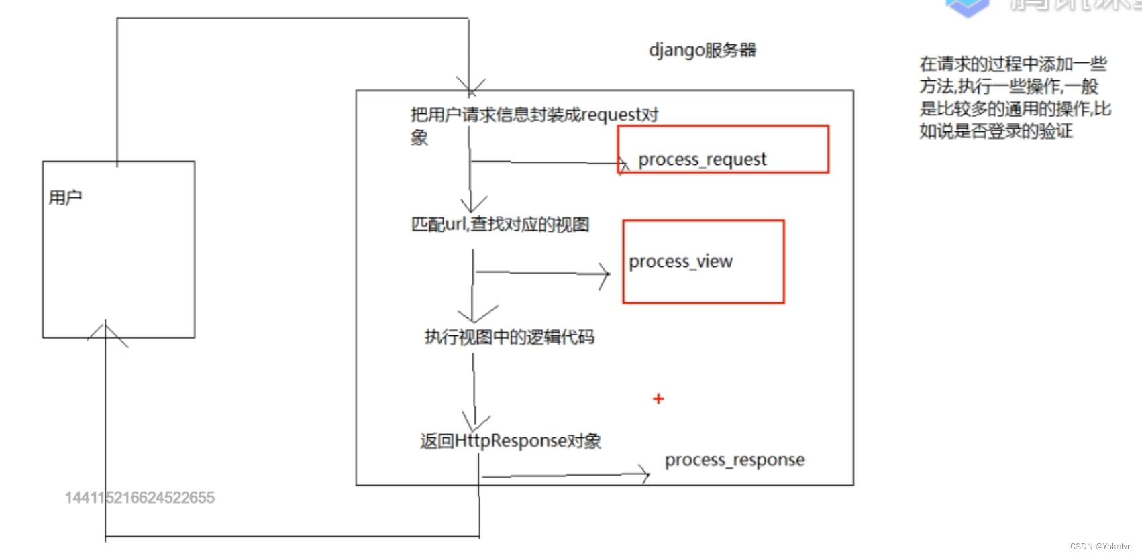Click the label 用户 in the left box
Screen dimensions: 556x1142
[x=65, y=197]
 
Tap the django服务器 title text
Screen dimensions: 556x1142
[x=702, y=50]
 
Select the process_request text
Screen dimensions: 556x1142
[x=702, y=160]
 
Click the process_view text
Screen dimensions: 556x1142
[x=680, y=261]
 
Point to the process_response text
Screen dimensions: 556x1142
[x=735, y=460]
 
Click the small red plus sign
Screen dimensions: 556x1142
[x=658, y=399]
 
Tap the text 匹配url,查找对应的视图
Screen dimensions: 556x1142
[x=500, y=224]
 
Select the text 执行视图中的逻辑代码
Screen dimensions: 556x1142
[x=509, y=337]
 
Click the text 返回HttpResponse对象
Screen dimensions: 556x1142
[x=510, y=441]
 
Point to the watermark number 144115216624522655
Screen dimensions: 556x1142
[x=140, y=498]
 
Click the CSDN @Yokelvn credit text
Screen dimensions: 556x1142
[x=1100, y=547]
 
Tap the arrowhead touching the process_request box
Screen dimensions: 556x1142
[x=623, y=164]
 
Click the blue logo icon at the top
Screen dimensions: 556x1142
[x=967, y=7]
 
